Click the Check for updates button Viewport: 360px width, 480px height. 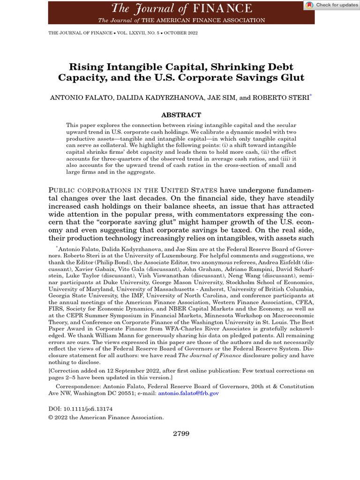click(330, 5)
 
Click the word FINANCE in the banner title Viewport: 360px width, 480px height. click(224, 8)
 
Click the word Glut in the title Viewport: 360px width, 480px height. click(293, 78)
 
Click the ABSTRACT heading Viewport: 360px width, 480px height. click(181, 115)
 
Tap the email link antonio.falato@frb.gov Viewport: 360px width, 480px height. click(189, 394)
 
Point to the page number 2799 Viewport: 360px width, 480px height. click(181, 434)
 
